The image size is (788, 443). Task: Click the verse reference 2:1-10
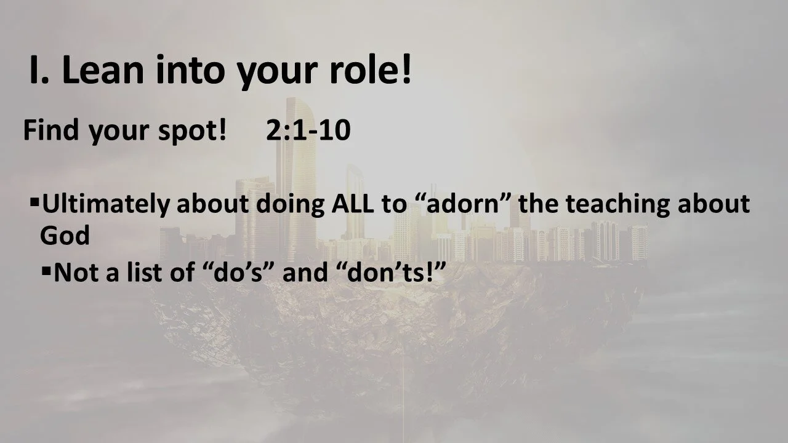(x=308, y=131)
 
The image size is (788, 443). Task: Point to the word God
(x=65, y=235)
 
